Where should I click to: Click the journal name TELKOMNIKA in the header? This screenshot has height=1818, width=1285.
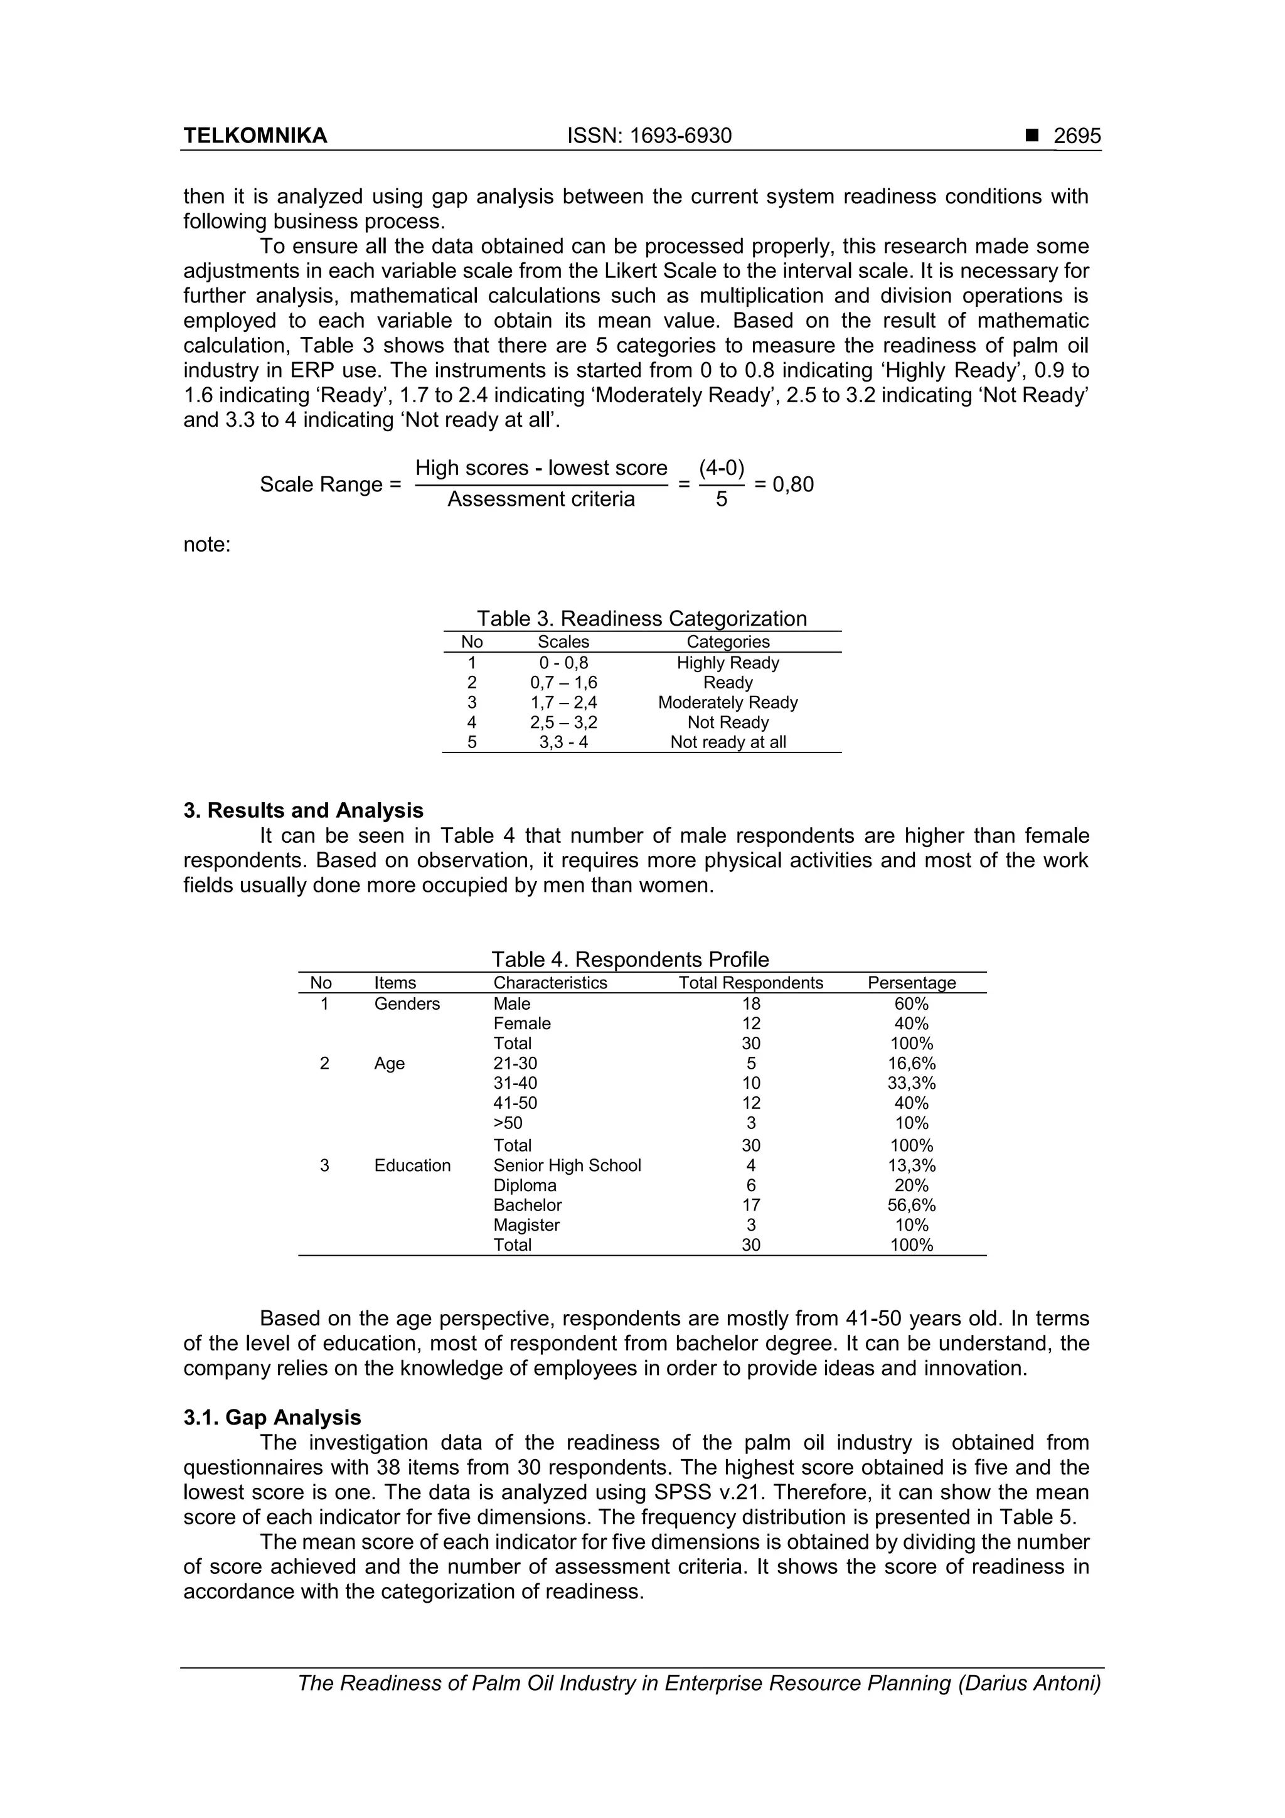(255, 136)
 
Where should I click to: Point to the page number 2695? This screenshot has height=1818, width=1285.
(1077, 136)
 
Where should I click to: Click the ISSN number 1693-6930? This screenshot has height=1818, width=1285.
(649, 136)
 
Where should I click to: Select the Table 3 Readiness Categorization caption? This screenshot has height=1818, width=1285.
(641, 618)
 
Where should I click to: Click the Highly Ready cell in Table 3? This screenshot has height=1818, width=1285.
(728, 663)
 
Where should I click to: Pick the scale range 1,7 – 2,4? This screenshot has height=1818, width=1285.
(563, 702)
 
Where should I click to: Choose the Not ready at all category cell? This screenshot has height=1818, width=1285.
(728, 742)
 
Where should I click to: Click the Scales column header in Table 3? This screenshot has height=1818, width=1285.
(563, 642)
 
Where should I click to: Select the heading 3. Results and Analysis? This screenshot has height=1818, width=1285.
(303, 810)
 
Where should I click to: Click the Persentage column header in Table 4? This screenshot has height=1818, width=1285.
(911, 983)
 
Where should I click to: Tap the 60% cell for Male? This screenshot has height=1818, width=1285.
(911, 1004)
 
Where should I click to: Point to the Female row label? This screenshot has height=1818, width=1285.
(522, 1024)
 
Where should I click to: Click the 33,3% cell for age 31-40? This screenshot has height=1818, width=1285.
(911, 1083)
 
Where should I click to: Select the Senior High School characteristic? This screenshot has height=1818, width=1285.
(567, 1165)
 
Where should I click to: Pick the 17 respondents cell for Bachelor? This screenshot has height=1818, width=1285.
(750, 1205)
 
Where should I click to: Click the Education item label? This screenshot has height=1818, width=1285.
(412, 1165)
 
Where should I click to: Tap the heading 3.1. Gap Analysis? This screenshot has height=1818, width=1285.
(272, 1418)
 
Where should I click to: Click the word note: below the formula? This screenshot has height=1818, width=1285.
(206, 545)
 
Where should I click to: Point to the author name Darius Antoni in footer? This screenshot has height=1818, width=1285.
(1028, 1705)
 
